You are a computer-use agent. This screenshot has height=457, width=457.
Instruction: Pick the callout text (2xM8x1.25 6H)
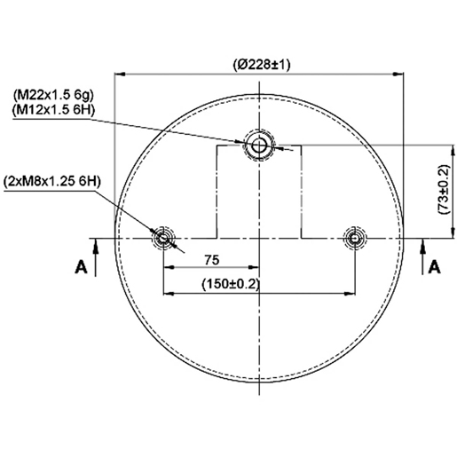pos(53,181)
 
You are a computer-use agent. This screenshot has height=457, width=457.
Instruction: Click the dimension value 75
pos(211,260)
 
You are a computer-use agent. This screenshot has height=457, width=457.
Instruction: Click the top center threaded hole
pos(259,146)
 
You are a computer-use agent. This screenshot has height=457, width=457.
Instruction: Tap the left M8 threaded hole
pos(162,238)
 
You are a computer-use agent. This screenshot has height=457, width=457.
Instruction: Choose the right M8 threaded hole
pos(355,238)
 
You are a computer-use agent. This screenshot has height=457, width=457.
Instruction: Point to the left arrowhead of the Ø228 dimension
pos(120,75)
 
